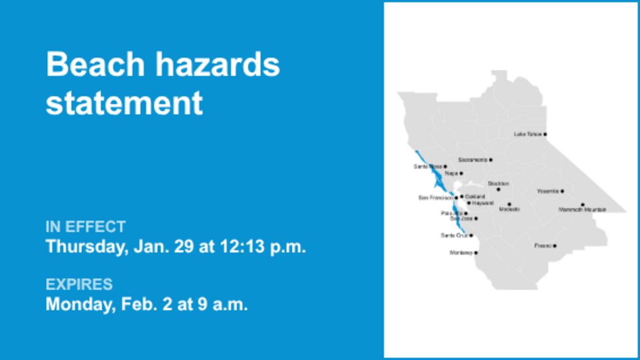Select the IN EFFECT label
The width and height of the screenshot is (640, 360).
(x=86, y=226)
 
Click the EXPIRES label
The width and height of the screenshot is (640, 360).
(x=79, y=284)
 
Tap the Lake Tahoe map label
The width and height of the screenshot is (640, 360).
(x=527, y=134)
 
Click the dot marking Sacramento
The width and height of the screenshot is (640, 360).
(x=490, y=160)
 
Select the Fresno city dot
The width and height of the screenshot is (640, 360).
(x=554, y=246)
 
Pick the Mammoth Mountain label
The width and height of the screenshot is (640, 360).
(x=582, y=210)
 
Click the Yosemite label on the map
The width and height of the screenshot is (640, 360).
(x=548, y=191)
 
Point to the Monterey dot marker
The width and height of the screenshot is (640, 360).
(x=476, y=253)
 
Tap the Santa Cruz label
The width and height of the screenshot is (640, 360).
(x=454, y=236)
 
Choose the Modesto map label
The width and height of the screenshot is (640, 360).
(x=509, y=210)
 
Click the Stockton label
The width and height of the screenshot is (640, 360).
(x=498, y=183)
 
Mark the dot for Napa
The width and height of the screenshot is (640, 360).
(x=461, y=173)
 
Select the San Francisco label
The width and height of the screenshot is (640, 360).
(x=436, y=197)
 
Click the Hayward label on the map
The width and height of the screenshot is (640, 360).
(x=483, y=203)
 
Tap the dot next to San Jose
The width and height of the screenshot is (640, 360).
(x=476, y=219)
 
